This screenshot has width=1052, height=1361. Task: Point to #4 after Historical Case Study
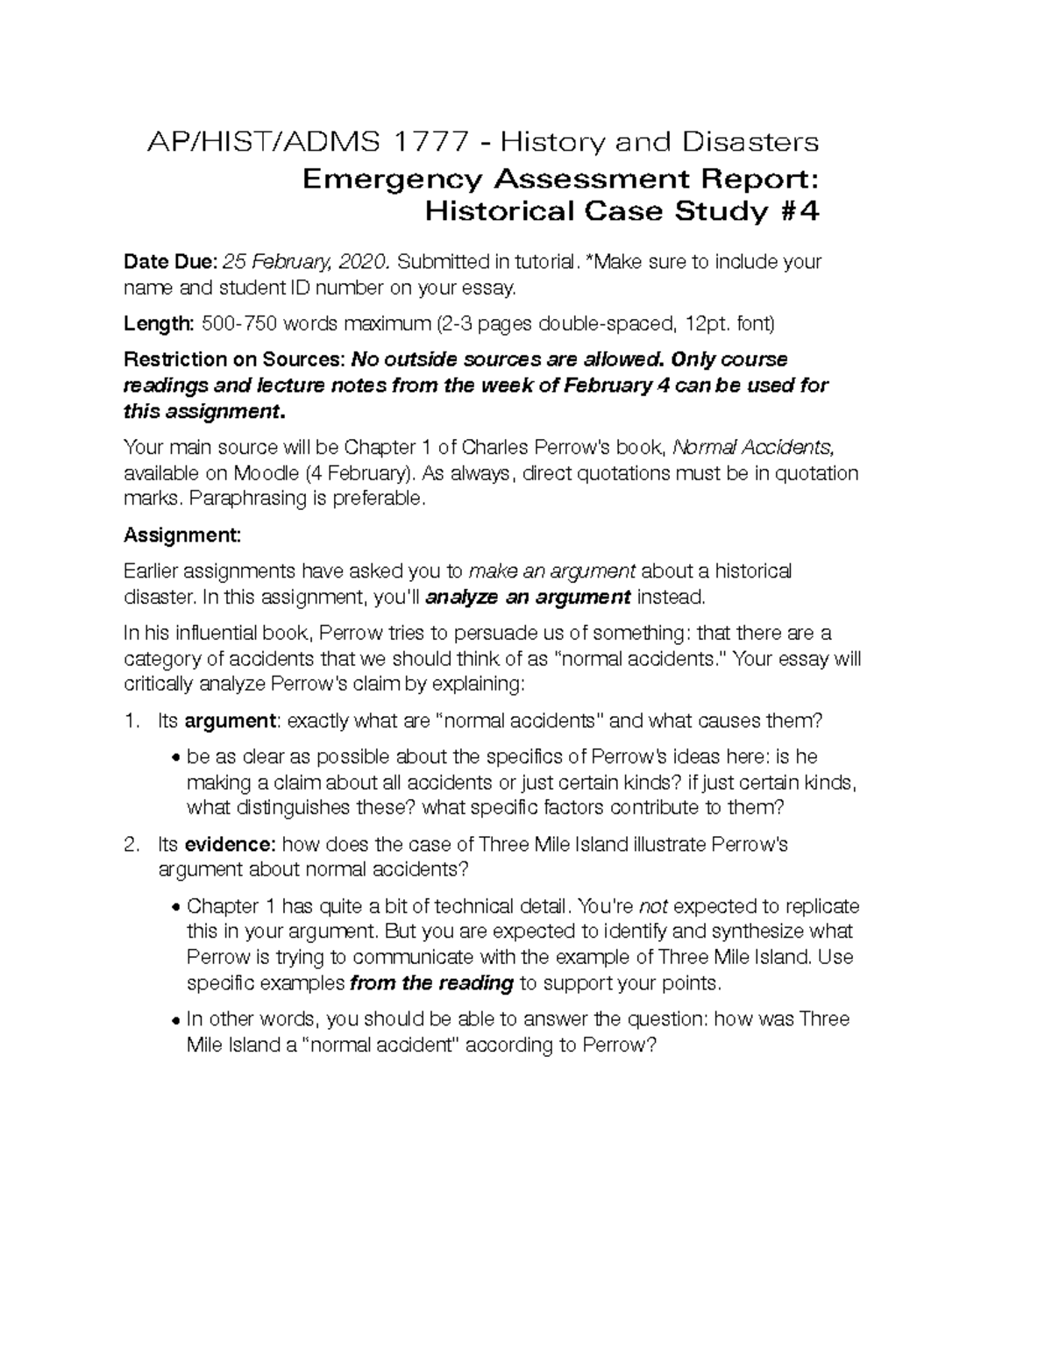click(797, 211)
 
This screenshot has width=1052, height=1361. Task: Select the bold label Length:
click(159, 323)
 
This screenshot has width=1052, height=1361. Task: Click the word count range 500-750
click(239, 323)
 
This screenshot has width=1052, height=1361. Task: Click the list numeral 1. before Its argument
click(131, 721)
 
